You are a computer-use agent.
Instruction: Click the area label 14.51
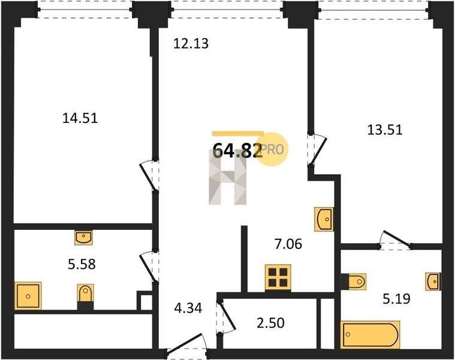pos(80,118)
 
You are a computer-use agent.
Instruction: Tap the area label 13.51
pos(385,130)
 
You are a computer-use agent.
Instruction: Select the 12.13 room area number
pos(191,44)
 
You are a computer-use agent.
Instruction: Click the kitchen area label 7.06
pos(288,244)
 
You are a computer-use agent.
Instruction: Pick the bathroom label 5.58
pos(82,265)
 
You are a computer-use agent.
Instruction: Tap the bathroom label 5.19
pos(396,298)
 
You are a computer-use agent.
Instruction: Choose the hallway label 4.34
pos(188,308)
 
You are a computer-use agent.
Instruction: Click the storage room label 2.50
pos(270,323)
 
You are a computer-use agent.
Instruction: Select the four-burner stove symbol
pos(278,277)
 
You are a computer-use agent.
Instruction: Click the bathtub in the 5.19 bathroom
pos(370,334)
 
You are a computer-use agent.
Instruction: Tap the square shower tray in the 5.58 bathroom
pos(28,296)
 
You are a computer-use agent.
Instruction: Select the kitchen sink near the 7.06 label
pos(324,219)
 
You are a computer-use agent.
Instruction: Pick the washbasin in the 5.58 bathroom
pos(83,238)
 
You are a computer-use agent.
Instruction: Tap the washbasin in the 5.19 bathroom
pos(433,281)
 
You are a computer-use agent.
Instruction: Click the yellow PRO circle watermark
pos(272,149)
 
